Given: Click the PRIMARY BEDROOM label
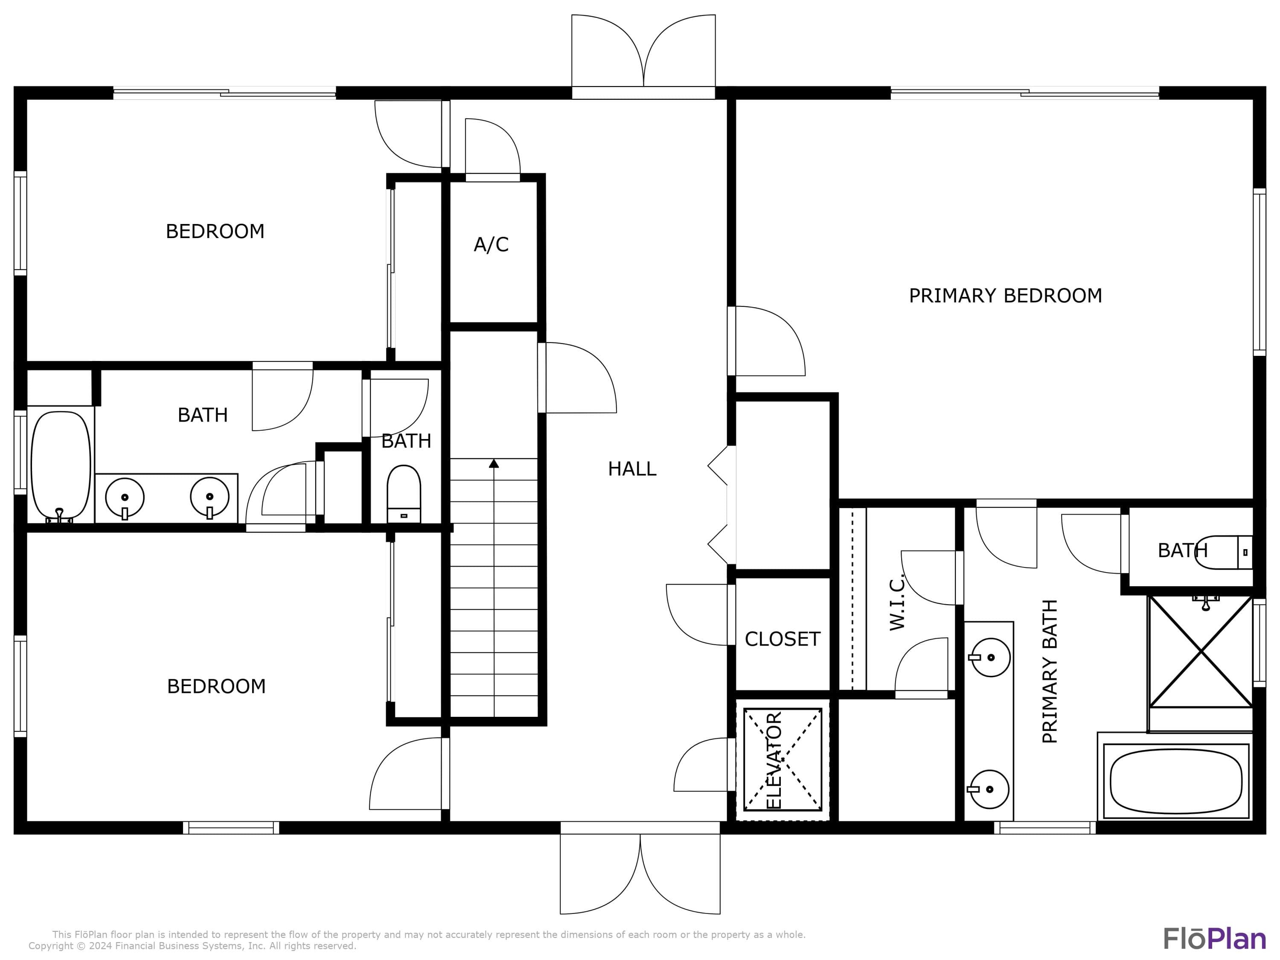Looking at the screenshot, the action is pyautogui.click(x=1005, y=296).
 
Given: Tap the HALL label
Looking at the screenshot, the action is pyautogui.click(x=632, y=469).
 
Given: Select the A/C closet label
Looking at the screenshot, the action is pyautogui.click(x=491, y=245).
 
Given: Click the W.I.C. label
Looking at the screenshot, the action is pyautogui.click(x=896, y=603).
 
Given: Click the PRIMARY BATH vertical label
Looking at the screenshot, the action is pyautogui.click(x=1050, y=671).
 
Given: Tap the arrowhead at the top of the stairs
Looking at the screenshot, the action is pyautogui.click(x=494, y=463).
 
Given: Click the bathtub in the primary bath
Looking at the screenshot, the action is pyautogui.click(x=1176, y=782).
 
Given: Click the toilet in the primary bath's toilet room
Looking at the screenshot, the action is pyautogui.click(x=1224, y=553).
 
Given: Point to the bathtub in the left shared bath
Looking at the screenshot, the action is pyautogui.click(x=61, y=466).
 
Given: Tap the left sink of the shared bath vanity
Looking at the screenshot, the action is pyautogui.click(x=125, y=497).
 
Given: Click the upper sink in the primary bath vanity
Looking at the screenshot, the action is pyautogui.click(x=991, y=657).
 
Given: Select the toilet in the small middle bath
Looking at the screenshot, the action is pyautogui.click(x=403, y=494).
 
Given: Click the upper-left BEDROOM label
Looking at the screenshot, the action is pyautogui.click(x=215, y=231).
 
